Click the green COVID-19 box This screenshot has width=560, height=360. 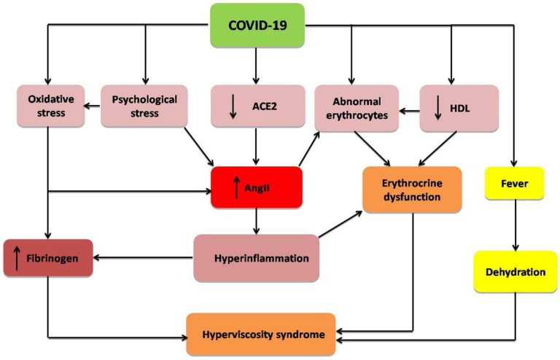[x=257, y=26]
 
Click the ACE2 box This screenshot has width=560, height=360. [x=256, y=106]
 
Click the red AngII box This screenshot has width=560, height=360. [x=256, y=187]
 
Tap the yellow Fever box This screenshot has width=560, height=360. [x=515, y=183]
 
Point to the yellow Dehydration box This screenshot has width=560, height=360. [x=516, y=272]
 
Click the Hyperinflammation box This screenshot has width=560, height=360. [x=256, y=258]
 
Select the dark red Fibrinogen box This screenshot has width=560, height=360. [x=48, y=258]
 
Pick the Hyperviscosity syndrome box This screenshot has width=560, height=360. [x=260, y=334]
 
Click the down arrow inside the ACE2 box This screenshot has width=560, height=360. [x=233, y=106]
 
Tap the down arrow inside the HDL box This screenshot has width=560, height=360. [x=438, y=106]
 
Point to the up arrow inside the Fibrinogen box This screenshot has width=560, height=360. [x=16, y=259]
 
